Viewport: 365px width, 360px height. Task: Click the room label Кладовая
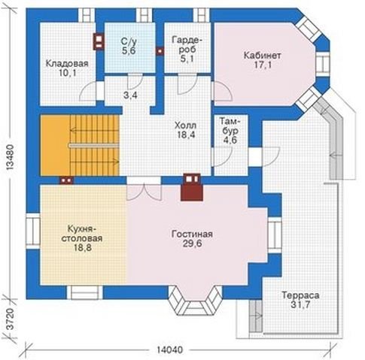(x=67, y=63)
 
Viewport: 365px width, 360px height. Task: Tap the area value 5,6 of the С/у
(x=129, y=50)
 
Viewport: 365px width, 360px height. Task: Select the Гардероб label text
(x=187, y=44)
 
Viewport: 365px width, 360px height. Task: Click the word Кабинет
(x=263, y=56)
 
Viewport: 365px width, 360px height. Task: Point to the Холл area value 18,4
(x=186, y=135)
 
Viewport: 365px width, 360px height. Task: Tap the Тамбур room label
(x=230, y=126)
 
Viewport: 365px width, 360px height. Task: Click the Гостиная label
(x=192, y=234)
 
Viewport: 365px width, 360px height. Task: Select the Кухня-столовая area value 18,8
(x=83, y=247)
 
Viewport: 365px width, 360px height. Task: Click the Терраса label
(x=300, y=295)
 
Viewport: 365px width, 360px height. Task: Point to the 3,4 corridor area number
(x=130, y=95)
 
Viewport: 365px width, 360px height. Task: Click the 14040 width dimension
(x=170, y=349)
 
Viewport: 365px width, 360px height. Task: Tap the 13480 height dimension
(x=10, y=157)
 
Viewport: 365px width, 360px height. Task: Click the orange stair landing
(x=56, y=145)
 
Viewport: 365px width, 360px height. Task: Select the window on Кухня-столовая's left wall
(x=33, y=231)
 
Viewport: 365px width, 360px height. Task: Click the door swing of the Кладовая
(x=88, y=92)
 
